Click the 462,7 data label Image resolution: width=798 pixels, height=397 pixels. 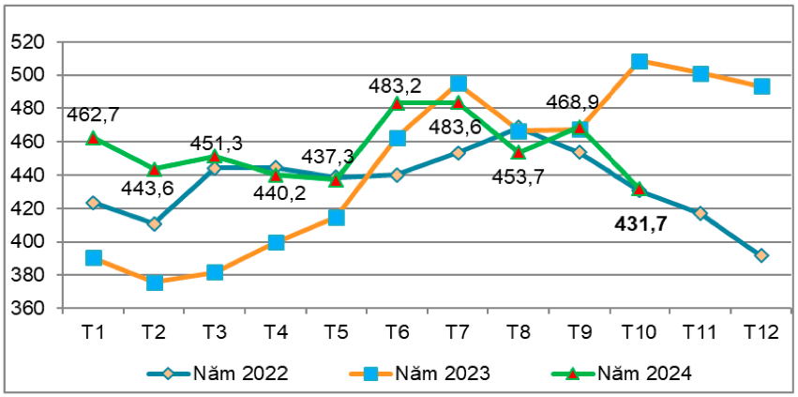click(x=93, y=115)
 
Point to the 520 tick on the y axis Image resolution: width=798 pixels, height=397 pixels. click(x=31, y=42)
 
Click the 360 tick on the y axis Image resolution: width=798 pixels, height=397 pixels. click(x=31, y=309)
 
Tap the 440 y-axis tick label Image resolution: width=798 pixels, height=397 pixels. click(x=31, y=176)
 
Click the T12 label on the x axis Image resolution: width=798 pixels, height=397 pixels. click(x=760, y=331)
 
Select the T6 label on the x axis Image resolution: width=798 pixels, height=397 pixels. click(x=397, y=331)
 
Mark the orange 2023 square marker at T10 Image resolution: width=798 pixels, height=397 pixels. click(x=640, y=61)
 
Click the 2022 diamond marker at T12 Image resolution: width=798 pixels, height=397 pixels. click(x=760, y=255)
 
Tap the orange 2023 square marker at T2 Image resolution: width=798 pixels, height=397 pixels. click(x=154, y=282)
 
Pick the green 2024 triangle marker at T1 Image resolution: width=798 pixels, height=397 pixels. click(x=94, y=138)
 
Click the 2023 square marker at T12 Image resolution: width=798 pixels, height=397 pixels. click(x=761, y=86)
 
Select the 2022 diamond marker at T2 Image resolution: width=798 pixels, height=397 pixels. click(x=154, y=223)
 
